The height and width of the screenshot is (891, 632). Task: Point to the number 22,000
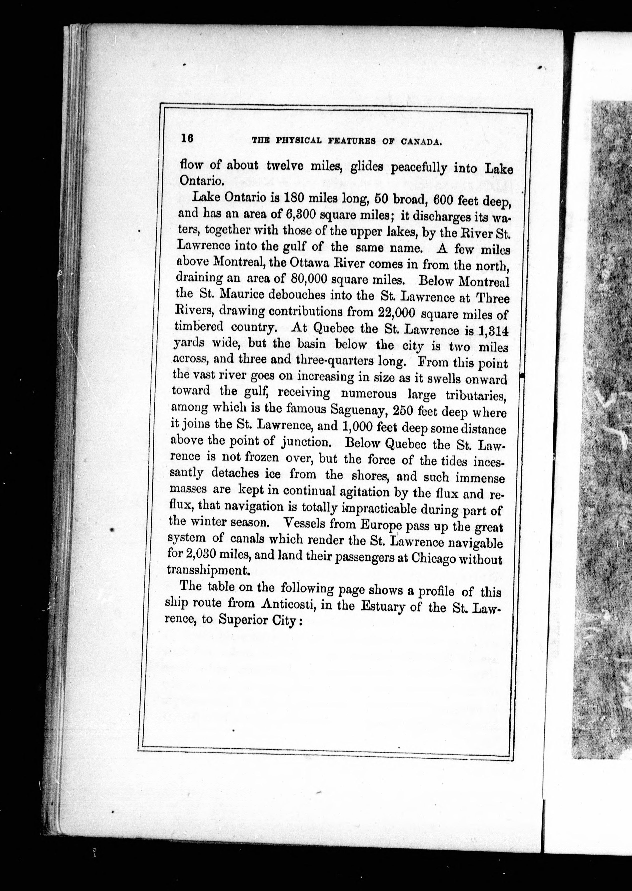click(x=396, y=313)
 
